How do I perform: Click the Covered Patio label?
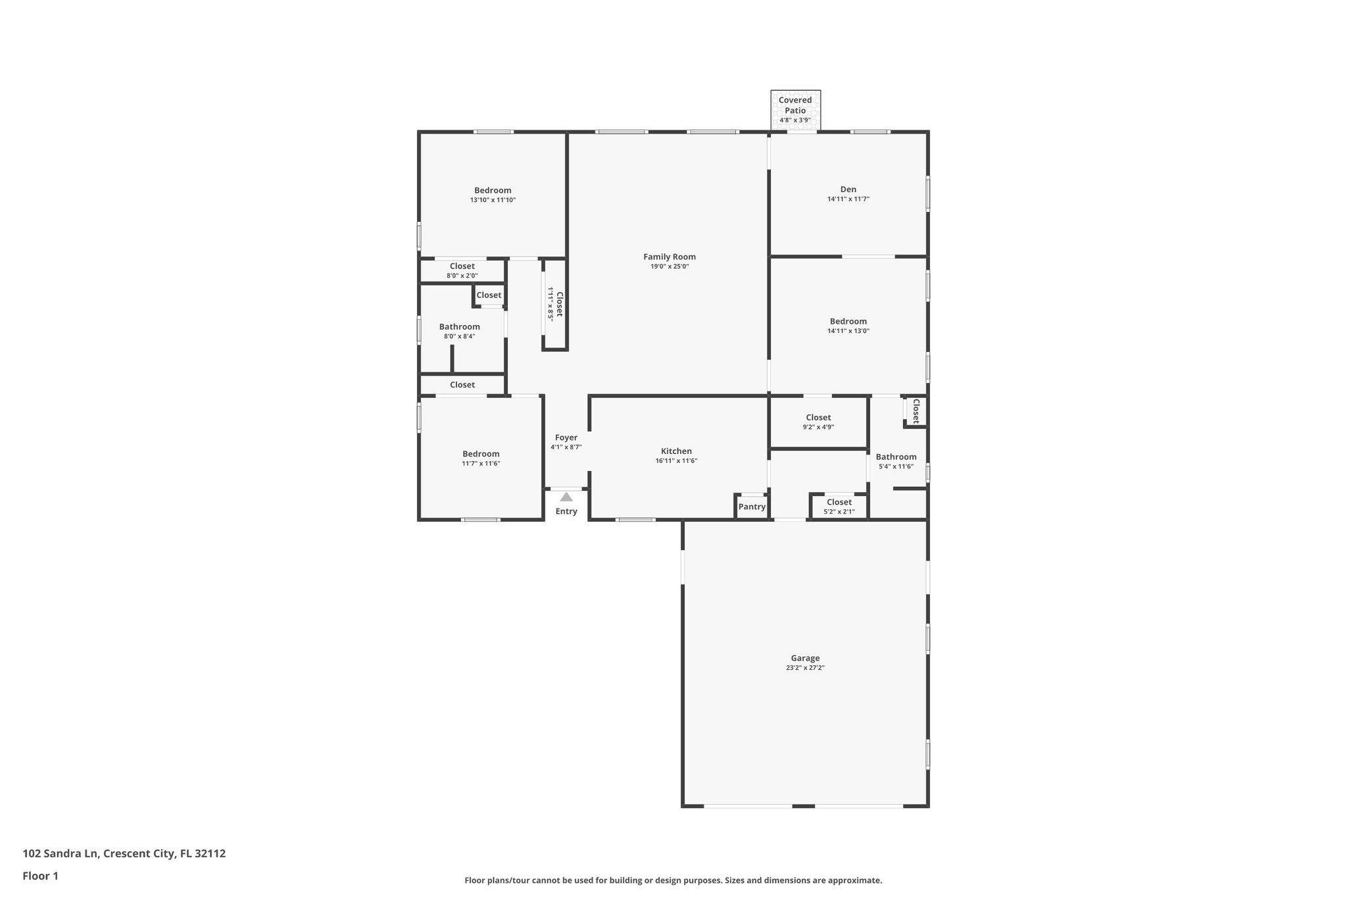click(x=795, y=105)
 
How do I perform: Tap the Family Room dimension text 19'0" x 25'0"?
click(x=670, y=266)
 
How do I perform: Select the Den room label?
click(x=848, y=189)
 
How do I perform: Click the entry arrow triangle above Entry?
click(x=566, y=497)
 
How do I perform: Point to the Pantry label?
click(x=752, y=507)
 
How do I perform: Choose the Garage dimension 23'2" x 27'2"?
click(x=805, y=668)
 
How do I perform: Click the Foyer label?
click(x=566, y=437)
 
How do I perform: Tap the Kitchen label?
click(x=676, y=451)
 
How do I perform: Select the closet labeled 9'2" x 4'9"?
click(x=818, y=422)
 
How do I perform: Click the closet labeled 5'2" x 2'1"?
click(x=839, y=507)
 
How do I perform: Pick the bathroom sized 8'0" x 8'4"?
click(x=459, y=331)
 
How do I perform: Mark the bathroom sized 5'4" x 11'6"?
click(x=896, y=461)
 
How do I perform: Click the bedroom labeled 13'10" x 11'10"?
click(x=493, y=195)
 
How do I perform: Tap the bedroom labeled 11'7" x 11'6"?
click(x=481, y=458)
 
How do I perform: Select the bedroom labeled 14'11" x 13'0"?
click(x=848, y=326)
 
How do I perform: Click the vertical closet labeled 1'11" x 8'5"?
click(x=555, y=305)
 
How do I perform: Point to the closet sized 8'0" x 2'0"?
click(x=462, y=270)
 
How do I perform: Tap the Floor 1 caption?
click(x=40, y=876)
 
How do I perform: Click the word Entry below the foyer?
click(x=566, y=511)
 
